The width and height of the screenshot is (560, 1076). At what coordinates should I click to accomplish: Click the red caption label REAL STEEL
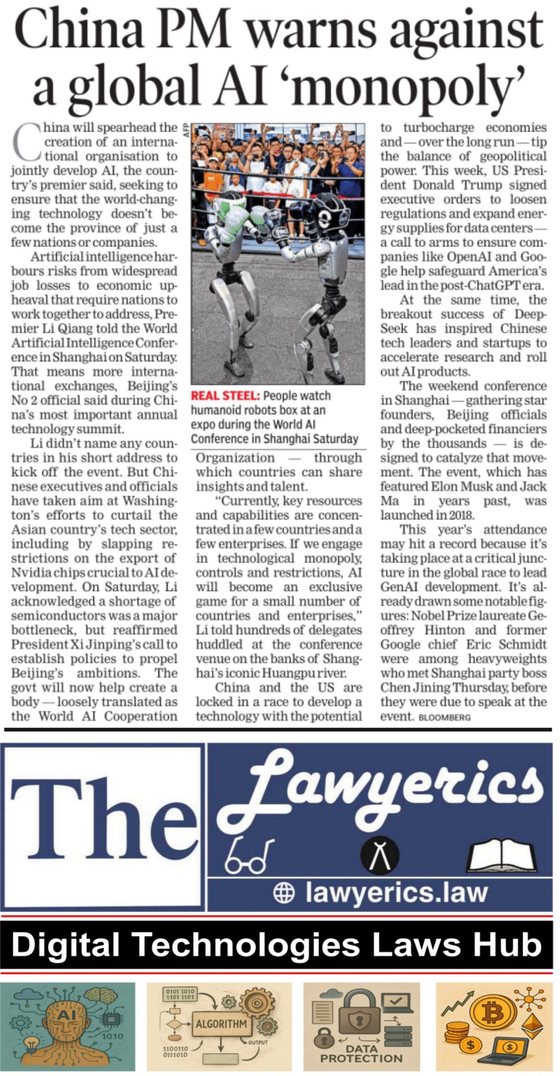(225, 396)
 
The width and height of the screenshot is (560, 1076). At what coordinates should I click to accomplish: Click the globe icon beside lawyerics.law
(284, 893)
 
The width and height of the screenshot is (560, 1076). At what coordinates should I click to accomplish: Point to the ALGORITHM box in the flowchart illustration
(221, 1023)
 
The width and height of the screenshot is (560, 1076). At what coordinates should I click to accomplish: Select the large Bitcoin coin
(493, 1013)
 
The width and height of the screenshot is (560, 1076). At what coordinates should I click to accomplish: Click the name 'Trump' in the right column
(482, 185)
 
